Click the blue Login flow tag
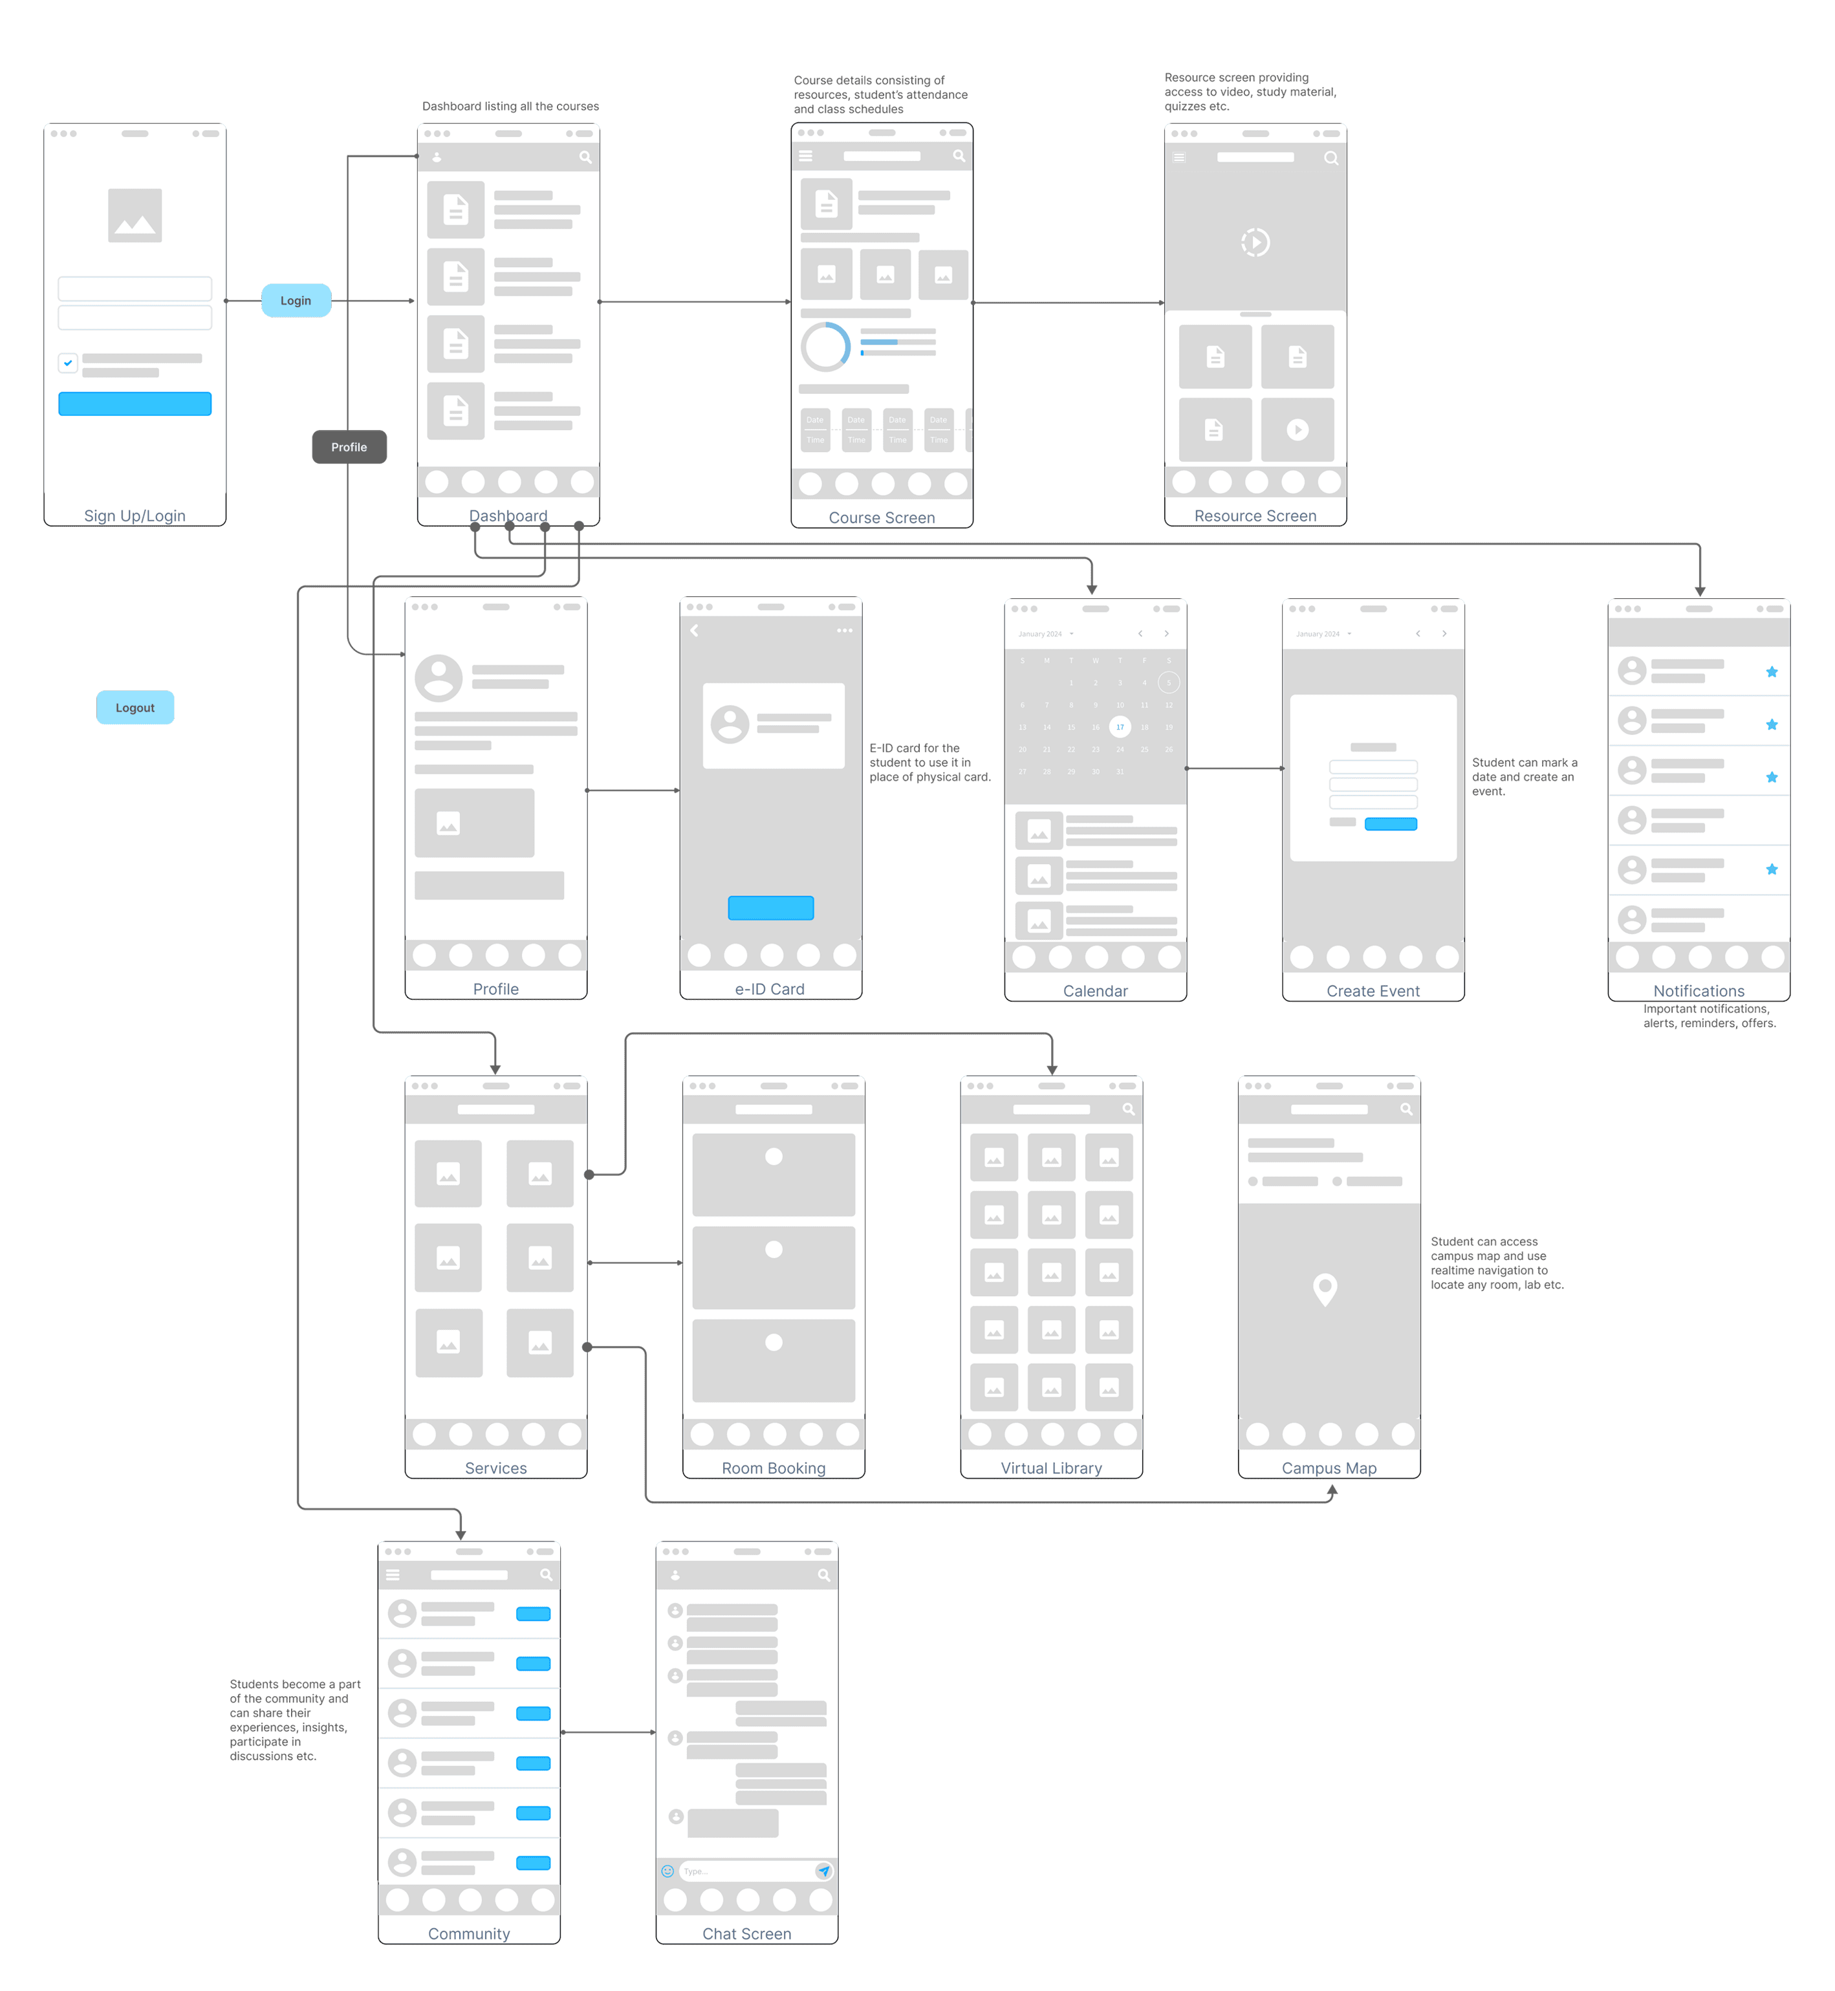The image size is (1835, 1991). coord(296,301)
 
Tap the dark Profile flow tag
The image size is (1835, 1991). coord(349,447)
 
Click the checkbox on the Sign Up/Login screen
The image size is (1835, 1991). coord(67,364)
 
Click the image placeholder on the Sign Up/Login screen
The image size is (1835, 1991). coord(135,215)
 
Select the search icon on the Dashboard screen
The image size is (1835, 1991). coord(585,157)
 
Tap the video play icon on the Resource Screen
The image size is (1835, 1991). coord(1255,243)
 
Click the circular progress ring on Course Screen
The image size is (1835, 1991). coord(825,347)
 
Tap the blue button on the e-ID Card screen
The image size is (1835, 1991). coord(770,908)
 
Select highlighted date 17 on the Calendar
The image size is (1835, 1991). coord(1120,727)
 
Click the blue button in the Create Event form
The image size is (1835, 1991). coord(1390,824)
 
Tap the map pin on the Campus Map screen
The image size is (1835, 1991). coord(1325,1289)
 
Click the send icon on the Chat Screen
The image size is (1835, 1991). coord(823,1871)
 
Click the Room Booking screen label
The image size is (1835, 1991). coord(774,1468)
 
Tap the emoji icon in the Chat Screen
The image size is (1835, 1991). coord(668,1871)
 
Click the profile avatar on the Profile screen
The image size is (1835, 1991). coord(438,679)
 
